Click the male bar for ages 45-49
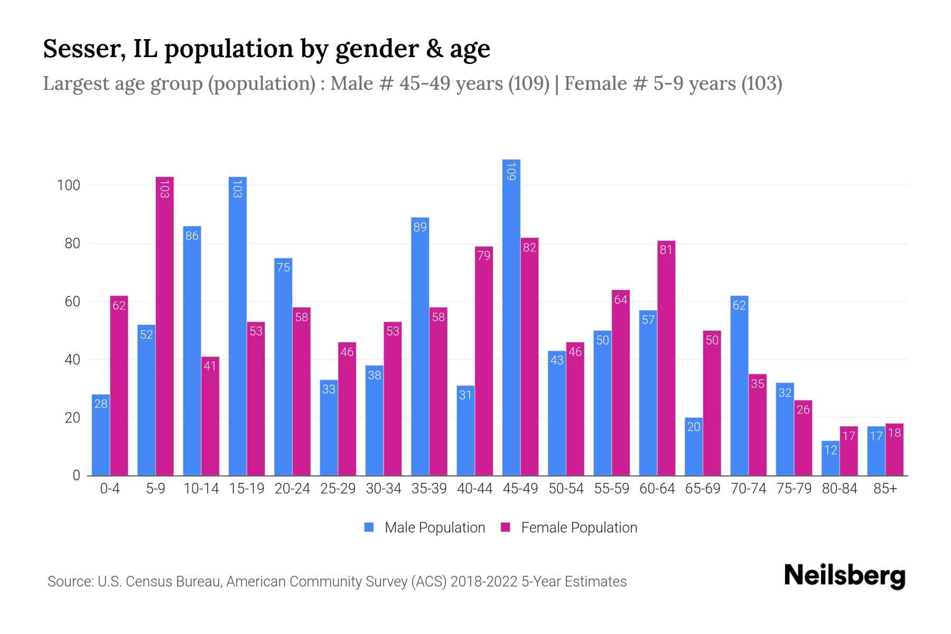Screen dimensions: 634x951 [x=511, y=317]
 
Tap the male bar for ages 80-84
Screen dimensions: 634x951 [x=831, y=458]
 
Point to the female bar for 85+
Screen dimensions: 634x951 [x=894, y=450]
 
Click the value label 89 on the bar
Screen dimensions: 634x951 [x=420, y=227]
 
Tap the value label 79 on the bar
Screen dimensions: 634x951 [x=484, y=256]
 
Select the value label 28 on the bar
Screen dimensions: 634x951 [x=101, y=404]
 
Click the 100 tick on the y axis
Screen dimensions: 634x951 [x=69, y=185]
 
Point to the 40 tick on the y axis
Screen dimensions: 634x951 [x=72, y=360]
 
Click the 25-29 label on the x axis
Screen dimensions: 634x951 [x=338, y=489]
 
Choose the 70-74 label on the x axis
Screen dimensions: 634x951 [x=748, y=489]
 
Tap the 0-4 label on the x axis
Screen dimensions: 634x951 [x=110, y=489]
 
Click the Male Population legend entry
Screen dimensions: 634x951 [x=425, y=528]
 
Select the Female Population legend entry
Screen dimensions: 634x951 [x=570, y=528]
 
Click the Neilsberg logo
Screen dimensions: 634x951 [x=844, y=576]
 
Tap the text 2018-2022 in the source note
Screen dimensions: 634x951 [x=484, y=582]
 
